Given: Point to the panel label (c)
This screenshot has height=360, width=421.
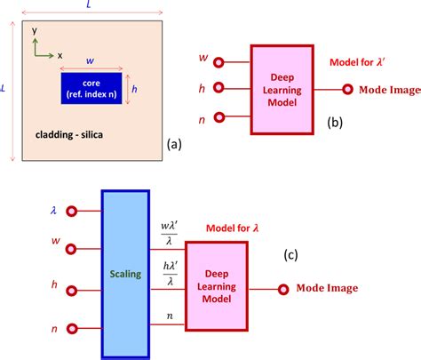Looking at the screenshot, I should tap(291, 255).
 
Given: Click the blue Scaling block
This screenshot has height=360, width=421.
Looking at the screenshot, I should tap(124, 276).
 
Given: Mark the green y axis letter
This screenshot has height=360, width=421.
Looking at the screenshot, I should tap(34, 29).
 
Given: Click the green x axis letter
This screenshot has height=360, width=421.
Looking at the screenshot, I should tap(60, 54).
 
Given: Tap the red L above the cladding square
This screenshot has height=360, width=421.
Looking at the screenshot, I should tap(87, 6).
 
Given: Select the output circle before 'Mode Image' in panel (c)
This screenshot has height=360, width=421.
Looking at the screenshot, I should tap(283, 288).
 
